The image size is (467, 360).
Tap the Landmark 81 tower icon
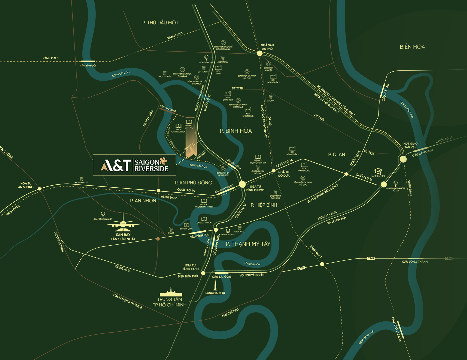pos(215,285)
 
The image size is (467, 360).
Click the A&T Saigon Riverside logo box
pos(134,165)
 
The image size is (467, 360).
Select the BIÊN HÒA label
pos(412,47)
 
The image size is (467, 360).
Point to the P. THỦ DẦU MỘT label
pos(160,23)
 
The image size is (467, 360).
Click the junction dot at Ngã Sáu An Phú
pos(260,53)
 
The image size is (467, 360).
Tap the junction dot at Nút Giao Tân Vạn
pos(403,159)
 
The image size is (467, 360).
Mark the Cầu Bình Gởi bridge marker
pos(88,61)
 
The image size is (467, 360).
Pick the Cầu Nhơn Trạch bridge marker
pos(400,329)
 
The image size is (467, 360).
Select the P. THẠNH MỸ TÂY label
pos(248,244)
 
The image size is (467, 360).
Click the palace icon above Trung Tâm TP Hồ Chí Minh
pos(171,292)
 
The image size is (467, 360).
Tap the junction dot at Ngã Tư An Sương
pos(39,189)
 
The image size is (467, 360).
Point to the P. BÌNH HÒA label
pos(236,131)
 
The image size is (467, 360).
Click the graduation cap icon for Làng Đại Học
pos(378,171)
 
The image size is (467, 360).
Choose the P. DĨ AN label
pos(337,154)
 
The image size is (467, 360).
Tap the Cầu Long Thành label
pos(415,262)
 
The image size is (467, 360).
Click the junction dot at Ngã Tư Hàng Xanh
pos(203,273)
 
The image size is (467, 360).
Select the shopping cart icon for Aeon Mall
pos(222,58)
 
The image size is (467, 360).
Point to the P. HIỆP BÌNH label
pos(264,205)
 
